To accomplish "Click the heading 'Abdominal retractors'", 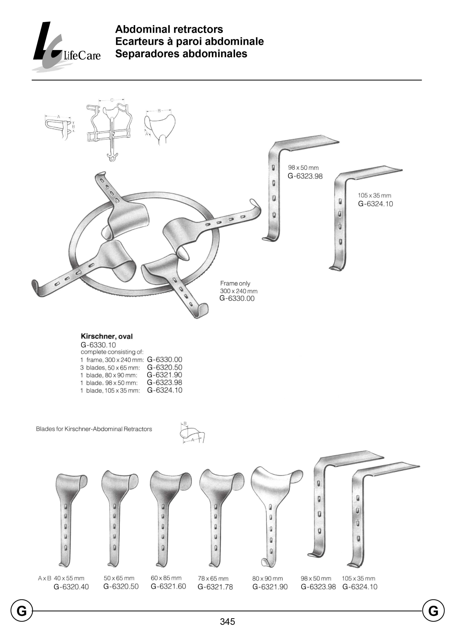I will click(169, 29).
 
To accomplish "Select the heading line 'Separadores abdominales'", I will click(181, 54).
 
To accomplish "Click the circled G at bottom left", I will click(22, 611).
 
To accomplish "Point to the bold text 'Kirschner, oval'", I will click(106, 336).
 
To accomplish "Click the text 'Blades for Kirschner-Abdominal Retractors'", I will click(94, 429).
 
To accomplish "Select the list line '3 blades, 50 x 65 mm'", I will click(110, 368).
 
